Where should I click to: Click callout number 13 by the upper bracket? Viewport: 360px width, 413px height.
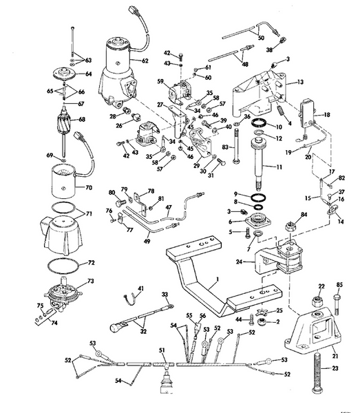[x=300, y=82]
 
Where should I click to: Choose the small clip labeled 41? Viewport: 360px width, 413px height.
[x=127, y=297]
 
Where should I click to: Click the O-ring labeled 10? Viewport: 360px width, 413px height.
[x=260, y=125]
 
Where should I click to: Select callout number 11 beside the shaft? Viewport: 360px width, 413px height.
[x=279, y=168]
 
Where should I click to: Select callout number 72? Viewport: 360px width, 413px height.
[x=89, y=264]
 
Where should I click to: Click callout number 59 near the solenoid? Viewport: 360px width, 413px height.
[x=159, y=81]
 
